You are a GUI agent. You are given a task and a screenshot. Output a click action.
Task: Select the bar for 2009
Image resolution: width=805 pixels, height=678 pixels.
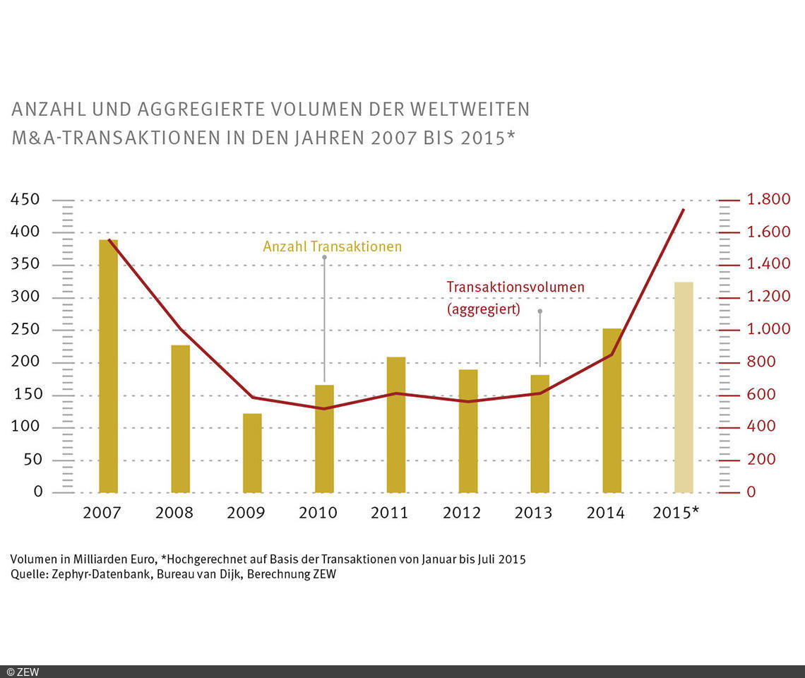point(252,453)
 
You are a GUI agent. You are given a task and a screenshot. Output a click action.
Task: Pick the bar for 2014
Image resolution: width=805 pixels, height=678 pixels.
point(612,410)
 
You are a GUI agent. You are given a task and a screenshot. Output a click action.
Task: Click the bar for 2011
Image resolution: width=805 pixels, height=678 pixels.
point(396,424)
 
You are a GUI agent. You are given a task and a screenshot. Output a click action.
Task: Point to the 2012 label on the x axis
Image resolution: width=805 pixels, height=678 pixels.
point(462,513)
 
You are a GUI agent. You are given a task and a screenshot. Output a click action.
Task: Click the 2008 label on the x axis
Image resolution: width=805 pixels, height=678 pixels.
point(174,513)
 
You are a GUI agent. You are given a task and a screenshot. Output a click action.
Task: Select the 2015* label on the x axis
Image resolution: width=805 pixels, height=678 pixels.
point(676,513)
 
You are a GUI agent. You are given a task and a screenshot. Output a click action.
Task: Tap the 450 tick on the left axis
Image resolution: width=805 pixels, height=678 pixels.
point(27,200)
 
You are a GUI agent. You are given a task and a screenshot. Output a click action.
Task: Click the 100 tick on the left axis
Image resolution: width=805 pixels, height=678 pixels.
point(27,427)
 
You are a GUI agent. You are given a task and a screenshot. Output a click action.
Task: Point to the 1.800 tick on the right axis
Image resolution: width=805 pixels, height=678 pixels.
point(768,200)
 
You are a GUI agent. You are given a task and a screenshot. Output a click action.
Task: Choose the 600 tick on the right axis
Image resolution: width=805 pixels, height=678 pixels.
point(761,395)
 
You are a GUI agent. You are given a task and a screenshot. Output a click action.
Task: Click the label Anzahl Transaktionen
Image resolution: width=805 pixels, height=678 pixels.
point(332,246)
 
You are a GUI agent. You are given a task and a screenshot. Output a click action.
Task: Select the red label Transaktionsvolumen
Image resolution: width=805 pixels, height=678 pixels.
point(515,287)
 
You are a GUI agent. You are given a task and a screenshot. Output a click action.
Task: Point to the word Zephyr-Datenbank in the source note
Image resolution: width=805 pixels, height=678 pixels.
point(93,574)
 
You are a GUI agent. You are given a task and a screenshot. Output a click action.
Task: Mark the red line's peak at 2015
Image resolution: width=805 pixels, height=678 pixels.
point(683,210)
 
